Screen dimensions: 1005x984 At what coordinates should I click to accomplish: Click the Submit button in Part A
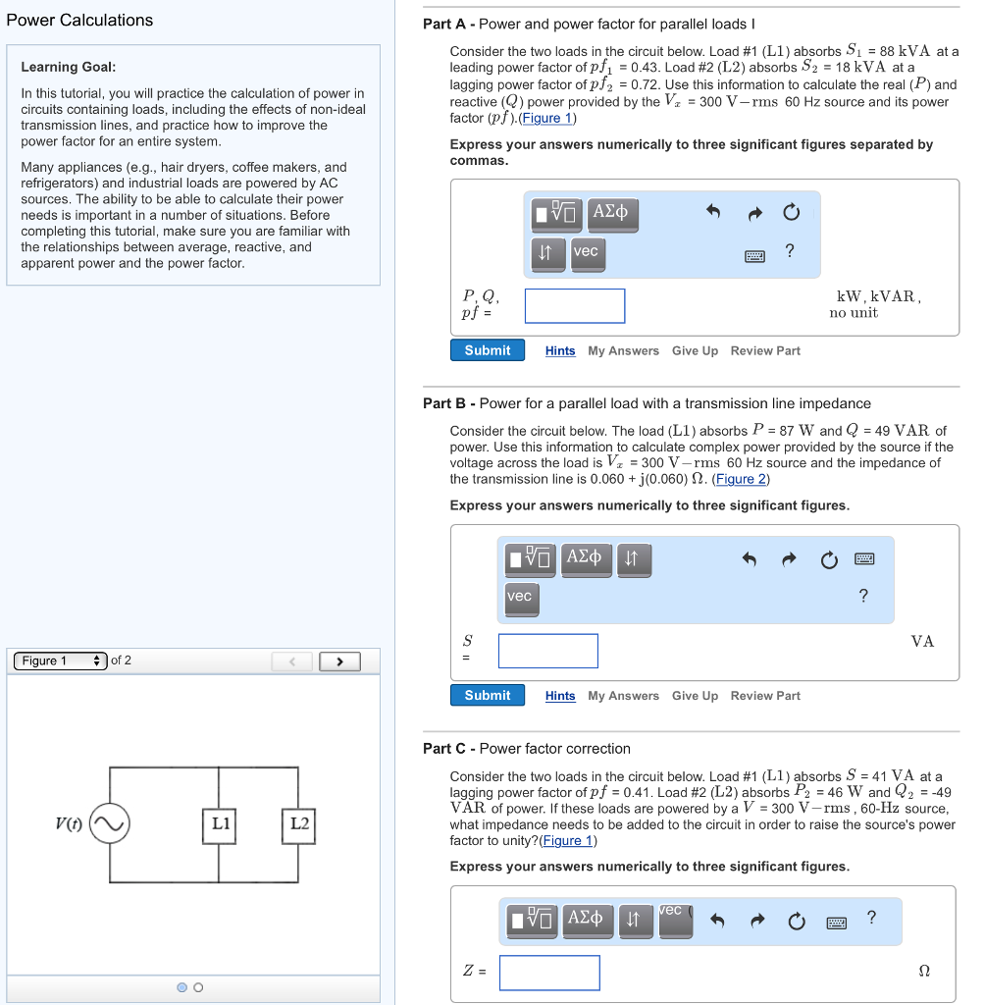tap(488, 350)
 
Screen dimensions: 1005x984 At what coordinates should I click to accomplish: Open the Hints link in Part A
tap(560, 351)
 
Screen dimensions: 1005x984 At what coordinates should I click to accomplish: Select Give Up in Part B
tap(695, 696)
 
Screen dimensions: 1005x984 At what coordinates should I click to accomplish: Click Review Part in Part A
tap(765, 351)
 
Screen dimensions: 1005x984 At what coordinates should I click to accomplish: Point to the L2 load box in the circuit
tap(299, 823)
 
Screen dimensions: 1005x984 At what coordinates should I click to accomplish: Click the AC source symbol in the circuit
tap(109, 823)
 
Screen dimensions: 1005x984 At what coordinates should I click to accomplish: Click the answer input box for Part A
tap(575, 306)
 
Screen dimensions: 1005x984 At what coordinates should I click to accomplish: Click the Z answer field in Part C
tap(549, 973)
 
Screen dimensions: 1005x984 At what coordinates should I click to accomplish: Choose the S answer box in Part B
tap(548, 651)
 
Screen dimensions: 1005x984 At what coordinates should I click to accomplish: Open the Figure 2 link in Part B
tap(741, 479)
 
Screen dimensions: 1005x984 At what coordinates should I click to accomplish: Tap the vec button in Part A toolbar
tap(586, 252)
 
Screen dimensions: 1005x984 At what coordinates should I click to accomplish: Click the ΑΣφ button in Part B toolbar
tap(586, 558)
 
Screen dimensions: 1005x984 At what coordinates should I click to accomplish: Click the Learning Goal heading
tap(69, 67)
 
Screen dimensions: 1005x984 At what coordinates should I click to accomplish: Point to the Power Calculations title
tap(79, 20)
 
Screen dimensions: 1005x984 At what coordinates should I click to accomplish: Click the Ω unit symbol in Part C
tap(923, 971)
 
